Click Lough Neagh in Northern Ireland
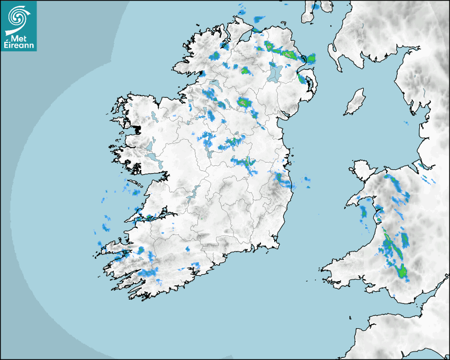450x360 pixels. tap(274, 73)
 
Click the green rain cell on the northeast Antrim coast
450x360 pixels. tap(311, 58)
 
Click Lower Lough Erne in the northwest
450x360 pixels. tap(214, 85)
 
